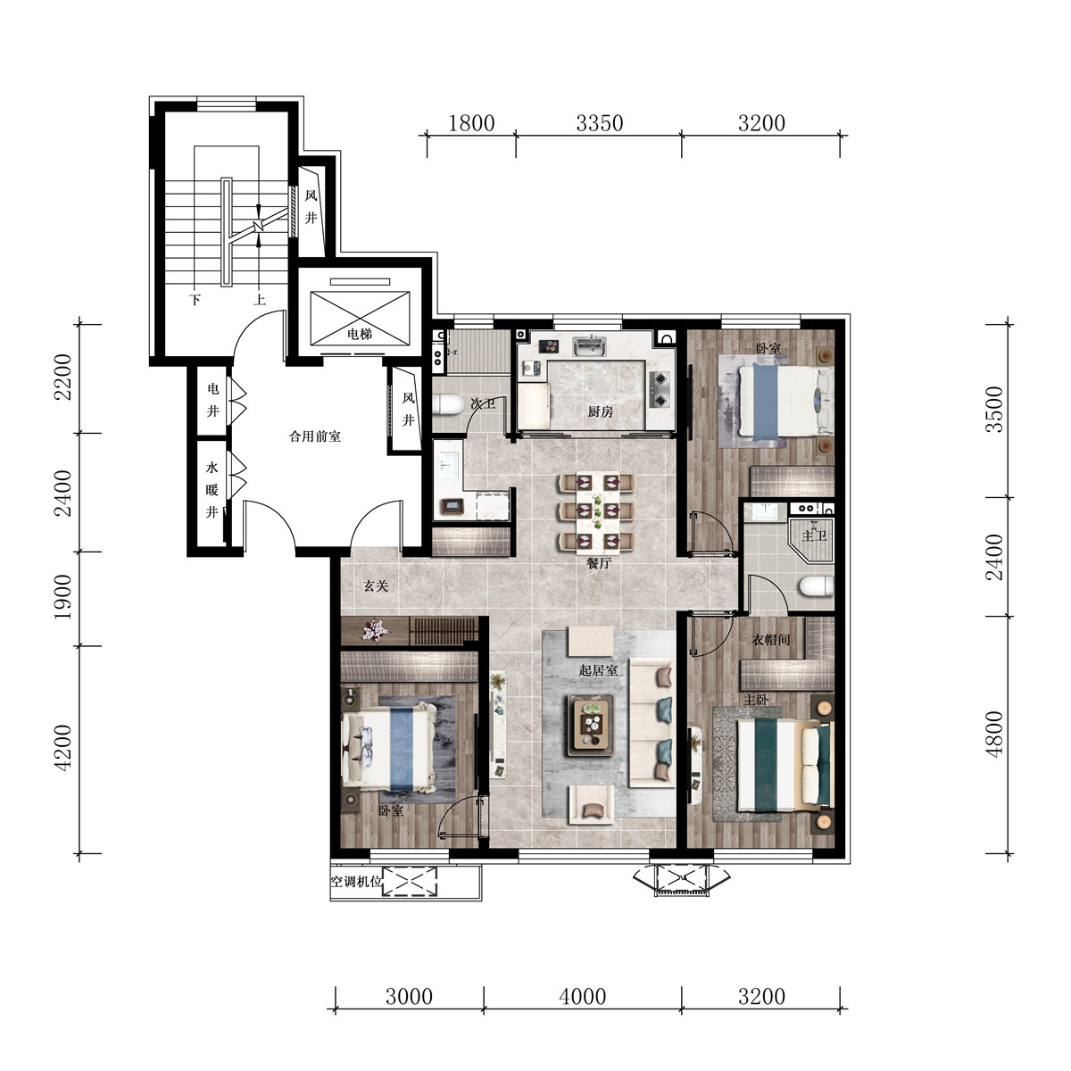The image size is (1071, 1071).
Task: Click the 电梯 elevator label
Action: tap(360, 334)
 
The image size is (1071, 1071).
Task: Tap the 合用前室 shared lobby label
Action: tap(314, 436)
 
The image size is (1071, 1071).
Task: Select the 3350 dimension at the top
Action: tap(599, 123)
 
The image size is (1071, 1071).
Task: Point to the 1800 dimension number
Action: tap(471, 123)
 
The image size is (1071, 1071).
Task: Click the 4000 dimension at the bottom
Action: tap(583, 997)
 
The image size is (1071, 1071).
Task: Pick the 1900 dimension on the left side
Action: tap(62, 597)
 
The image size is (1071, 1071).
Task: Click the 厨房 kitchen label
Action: tap(601, 411)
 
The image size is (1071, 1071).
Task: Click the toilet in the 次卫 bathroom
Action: tap(448, 404)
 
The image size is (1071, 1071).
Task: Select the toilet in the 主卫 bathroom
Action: tap(816, 586)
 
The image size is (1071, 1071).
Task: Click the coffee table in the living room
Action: tap(590, 725)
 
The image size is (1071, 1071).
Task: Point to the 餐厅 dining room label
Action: tap(599, 563)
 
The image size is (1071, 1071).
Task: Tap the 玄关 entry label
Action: tap(376, 585)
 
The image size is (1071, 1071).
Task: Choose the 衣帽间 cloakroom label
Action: tap(770, 640)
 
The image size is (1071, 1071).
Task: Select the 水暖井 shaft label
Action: tap(212, 490)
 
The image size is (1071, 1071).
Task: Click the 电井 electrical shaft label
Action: tap(213, 400)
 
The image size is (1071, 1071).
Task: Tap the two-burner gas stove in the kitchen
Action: tap(660, 388)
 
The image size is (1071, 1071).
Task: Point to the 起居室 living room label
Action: tap(598, 670)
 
